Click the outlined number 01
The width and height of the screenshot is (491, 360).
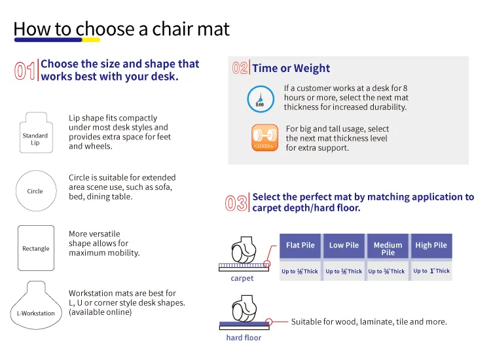24,71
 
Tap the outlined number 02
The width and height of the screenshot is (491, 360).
240,68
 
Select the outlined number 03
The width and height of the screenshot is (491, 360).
236,203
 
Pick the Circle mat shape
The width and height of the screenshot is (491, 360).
35,191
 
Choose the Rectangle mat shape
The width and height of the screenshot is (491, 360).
35,248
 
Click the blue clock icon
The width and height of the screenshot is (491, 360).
260,98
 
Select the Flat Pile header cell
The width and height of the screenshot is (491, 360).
300,246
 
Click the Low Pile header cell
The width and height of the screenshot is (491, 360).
344,246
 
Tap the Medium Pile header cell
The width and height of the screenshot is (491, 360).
388,249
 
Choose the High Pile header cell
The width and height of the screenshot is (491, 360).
431,246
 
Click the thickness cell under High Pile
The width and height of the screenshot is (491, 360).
431,271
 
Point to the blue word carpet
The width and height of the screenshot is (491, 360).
242,278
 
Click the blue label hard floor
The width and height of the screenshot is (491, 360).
244,338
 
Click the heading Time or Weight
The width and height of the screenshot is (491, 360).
291,68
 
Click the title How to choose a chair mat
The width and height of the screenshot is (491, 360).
122,29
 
